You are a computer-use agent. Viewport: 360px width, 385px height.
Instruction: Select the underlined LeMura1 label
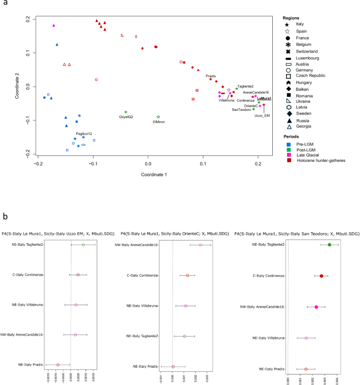264,98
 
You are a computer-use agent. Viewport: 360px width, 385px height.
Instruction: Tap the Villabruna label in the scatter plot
227,100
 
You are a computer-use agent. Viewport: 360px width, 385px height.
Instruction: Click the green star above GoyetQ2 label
126,112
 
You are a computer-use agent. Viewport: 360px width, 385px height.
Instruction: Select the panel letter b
5,215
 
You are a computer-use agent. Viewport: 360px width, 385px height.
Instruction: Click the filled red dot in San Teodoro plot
321,275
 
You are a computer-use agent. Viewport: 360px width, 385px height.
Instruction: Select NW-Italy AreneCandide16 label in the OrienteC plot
139,244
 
